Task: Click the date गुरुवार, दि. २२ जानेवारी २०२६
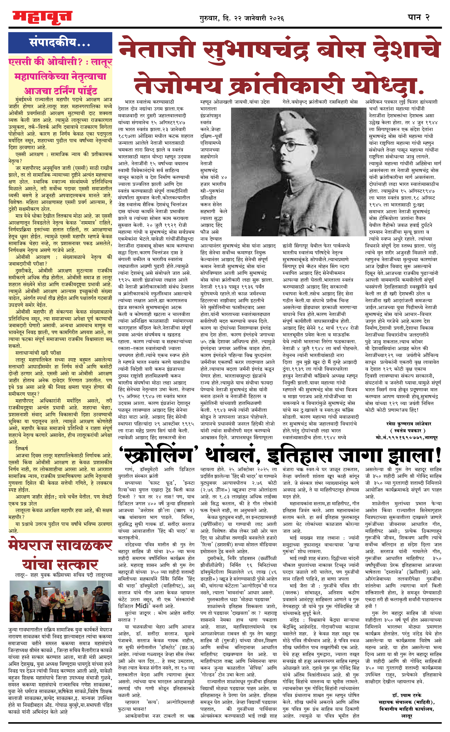(242, 18)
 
